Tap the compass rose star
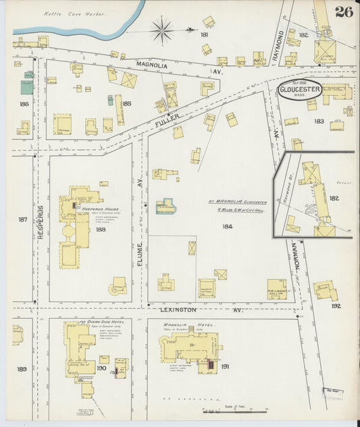coord(162,30)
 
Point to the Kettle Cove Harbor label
coord(76,13)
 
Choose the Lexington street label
coord(179,309)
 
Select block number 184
coord(227,226)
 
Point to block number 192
coord(336,305)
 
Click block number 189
coord(22,369)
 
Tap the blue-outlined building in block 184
coord(164,207)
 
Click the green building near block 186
coord(26,86)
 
